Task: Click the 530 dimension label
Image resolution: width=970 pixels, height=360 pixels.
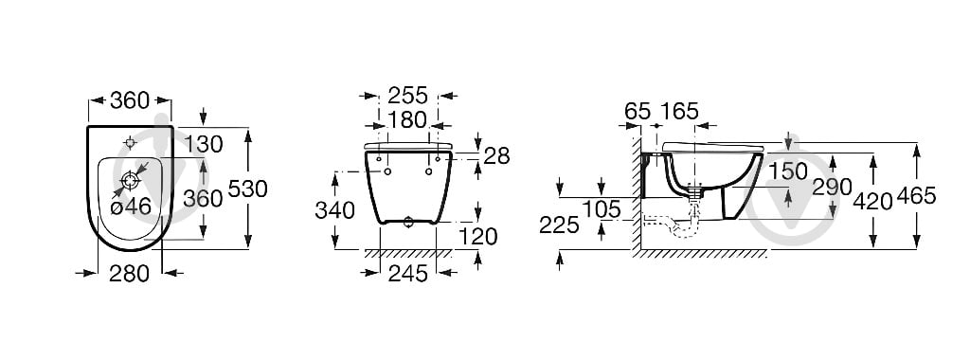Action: coord(247,189)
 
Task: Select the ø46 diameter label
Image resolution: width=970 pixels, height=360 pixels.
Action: coord(131,207)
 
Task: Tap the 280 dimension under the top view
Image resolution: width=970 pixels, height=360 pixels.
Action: coord(129,273)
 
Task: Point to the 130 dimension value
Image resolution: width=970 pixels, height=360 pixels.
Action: coord(204,145)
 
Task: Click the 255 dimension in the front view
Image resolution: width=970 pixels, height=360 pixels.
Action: coord(407,96)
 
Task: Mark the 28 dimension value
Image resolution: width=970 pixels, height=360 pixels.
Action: coord(496,156)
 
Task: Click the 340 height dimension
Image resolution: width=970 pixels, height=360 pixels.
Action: coord(334,211)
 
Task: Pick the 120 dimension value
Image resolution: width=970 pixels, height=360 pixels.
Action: coord(477,236)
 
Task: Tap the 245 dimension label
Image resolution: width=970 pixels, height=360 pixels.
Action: coord(407,273)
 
